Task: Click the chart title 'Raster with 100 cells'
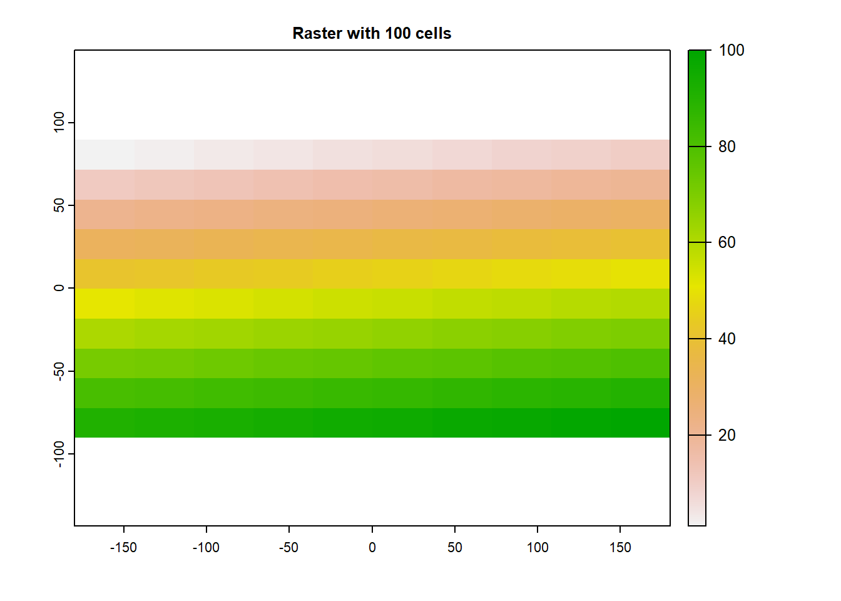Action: point(372,33)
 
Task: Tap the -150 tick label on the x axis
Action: point(123,548)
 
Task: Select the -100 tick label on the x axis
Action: point(206,548)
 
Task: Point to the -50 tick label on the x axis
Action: point(288,548)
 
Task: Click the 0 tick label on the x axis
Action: point(372,548)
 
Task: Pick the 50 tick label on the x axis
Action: point(455,548)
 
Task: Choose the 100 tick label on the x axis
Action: point(538,548)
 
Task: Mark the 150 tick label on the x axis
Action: point(620,548)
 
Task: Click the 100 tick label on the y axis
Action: point(59,122)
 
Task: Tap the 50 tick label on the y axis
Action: point(59,205)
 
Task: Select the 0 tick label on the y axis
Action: point(59,288)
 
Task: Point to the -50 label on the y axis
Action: point(59,371)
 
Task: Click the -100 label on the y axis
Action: point(59,454)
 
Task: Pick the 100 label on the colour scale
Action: point(731,51)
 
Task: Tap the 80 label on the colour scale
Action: point(727,146)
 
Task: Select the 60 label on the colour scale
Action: point(727,242)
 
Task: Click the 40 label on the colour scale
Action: point(727,339)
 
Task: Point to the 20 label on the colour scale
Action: point(727,435)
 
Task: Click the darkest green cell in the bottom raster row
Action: point(640,423)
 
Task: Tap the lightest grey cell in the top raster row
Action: point(104,155)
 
